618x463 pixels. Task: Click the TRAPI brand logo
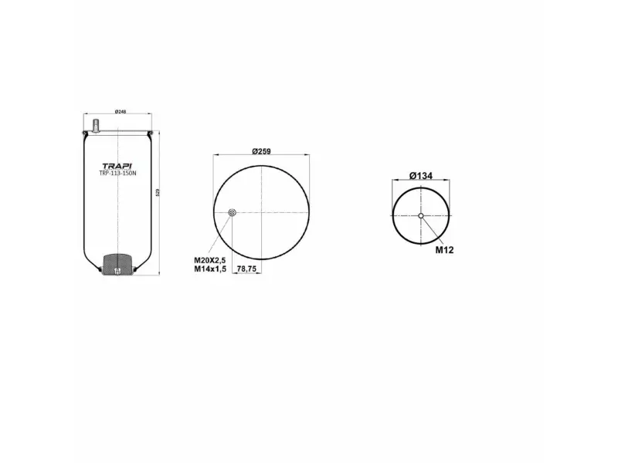click(117, 165)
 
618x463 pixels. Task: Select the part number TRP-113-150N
click(117, 174)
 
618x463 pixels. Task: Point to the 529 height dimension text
click(158, 193)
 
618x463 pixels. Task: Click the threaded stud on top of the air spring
click(97, 123)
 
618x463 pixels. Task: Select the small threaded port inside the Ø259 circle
click(233, 214)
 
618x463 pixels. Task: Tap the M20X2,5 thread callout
click(209, 260)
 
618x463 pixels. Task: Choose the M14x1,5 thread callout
click(209, 269)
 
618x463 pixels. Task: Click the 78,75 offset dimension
click(246, 269)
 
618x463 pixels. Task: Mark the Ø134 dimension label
click(420, 176)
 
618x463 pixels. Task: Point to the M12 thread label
click(443, 249)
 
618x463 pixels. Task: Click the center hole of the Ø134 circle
click(421, 215)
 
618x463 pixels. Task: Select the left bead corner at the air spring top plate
click(84, 136)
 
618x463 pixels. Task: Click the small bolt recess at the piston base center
click(117, 270)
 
